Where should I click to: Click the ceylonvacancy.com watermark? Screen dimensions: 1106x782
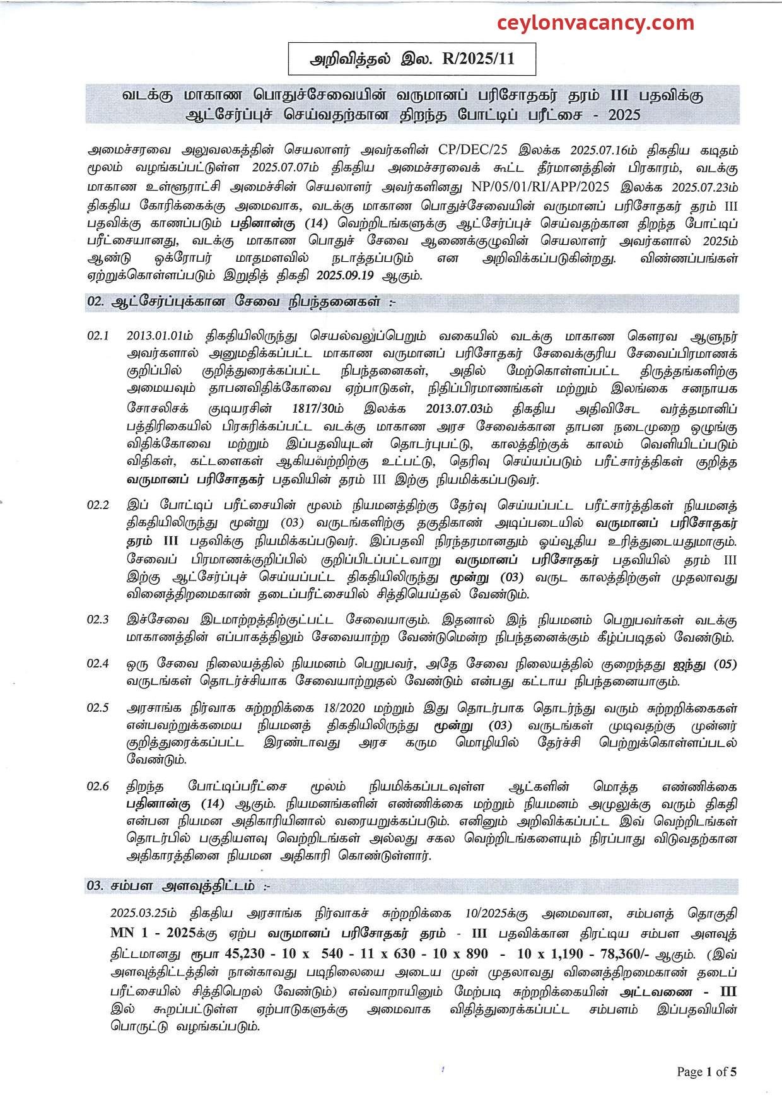[595, 23]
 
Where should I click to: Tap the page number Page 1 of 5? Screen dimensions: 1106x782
[706, 1071]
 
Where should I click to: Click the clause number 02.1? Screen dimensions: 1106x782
[98, 336]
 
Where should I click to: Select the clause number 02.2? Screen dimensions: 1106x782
[98, 505]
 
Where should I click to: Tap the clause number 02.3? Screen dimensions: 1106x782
[98, 620]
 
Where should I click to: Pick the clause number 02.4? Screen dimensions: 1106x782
[98, 664]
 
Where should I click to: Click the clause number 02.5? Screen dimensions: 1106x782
[98, 708]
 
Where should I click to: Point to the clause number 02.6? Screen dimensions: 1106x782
[98, 787]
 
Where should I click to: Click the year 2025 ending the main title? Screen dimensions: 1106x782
[622, 115]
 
